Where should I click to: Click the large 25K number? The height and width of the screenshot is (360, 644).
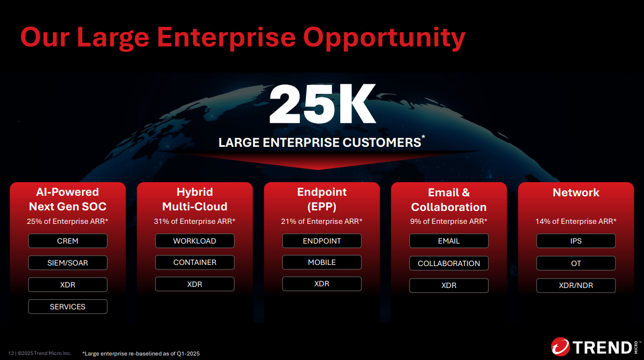pyautogui.click(x=322, y=106)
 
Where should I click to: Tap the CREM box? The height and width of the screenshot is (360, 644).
pyautogui.click(x=67, y=241)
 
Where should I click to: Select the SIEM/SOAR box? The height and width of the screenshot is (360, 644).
pyautogui.click(x=67, y=263)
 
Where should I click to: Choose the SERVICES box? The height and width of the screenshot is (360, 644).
pyautogui.click(x=67, y=307)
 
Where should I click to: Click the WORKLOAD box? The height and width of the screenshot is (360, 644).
pyautogui.click(x=195, y=241)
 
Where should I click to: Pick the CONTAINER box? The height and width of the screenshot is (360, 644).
pyautogui.click(x=195, y=262)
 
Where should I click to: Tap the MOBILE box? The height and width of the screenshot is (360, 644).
pyautogui.click(x=322, y=262)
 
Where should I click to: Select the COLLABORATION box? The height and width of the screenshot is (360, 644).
pyautogui.click(x=449, y=263)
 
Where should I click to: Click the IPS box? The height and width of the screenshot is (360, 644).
pyautogui.click(x=576, y=241)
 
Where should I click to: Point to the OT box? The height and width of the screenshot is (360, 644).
pyautogui.click(x=576, y=263)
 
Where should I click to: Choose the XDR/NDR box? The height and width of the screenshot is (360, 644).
pyautogui.click(x=576, y=285)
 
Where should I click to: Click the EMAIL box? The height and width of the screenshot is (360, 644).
pyautogui.click(x=449, y=241)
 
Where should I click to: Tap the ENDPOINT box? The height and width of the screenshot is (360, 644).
pyautogui.click(x=322, y=241)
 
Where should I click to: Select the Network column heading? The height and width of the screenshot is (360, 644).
pyautogui.click(x=576, y=192)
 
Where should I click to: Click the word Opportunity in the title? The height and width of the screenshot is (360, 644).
pyautogui.click(x=384, y=37)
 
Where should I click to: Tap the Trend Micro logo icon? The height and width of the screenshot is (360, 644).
pyautogui.click(x=560, y=347)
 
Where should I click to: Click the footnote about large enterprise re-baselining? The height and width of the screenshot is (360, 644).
pyautogui.click(x=141, y=353)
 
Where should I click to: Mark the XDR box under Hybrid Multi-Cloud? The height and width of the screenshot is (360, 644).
pyautogui.click(x=195, y=284)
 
